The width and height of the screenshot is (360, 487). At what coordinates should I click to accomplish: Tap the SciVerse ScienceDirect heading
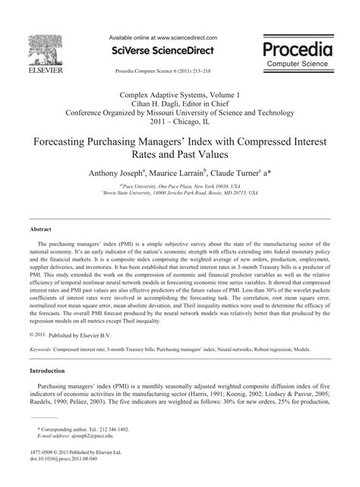[163, 51]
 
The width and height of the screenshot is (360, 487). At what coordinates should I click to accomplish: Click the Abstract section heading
[40, 228]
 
